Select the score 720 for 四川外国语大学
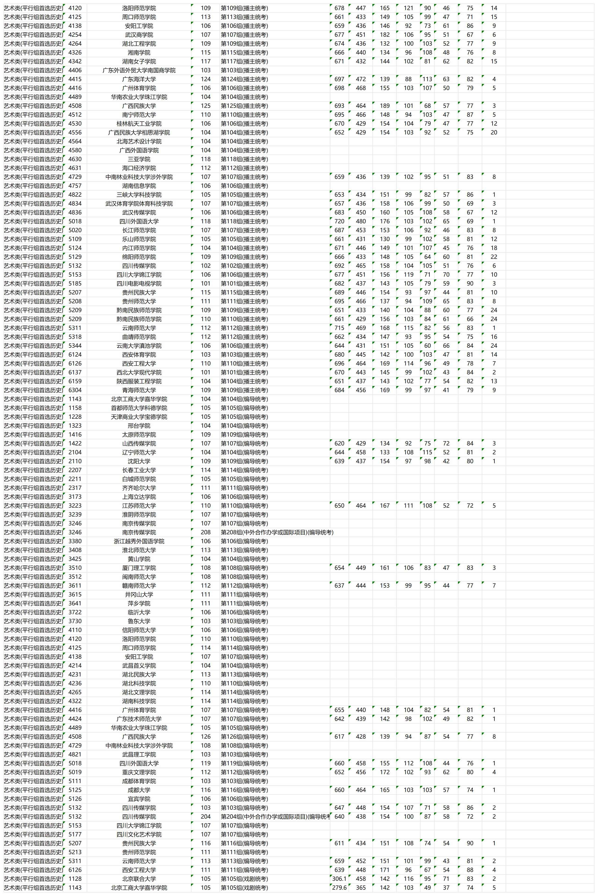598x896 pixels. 339,221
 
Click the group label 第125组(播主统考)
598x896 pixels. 244,106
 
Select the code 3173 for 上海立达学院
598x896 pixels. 75,497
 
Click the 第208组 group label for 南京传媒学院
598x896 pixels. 277,532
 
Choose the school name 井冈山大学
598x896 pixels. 139,594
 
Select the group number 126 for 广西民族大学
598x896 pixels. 205,737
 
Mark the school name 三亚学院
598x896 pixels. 139,159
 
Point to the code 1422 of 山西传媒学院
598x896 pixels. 75,443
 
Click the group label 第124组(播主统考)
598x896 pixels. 244,79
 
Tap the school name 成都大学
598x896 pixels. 139,790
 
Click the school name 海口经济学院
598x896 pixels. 139,168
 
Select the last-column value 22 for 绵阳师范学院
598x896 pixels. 494,257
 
